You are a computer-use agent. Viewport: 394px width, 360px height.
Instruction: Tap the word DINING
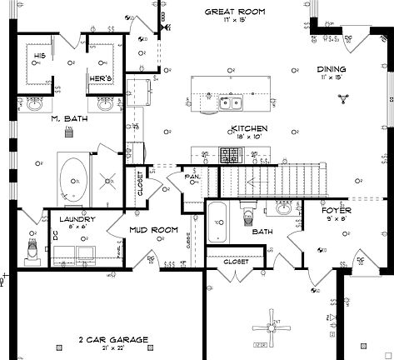click(332, 70)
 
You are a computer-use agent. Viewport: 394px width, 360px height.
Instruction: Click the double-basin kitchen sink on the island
click(231, 102)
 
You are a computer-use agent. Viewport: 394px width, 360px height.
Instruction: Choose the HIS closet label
click(39, 55)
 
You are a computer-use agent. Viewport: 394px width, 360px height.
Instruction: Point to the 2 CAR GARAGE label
click(113, 339)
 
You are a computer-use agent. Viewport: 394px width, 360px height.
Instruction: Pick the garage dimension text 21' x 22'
click(113, 348)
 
